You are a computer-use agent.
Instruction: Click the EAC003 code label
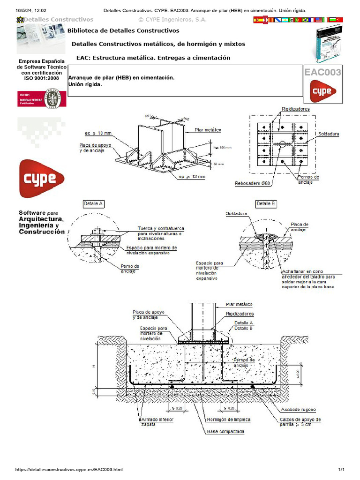(x=323, y=72)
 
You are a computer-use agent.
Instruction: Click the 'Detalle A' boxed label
(x=93, y=204)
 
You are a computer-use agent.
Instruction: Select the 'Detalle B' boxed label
(x=266, y=204)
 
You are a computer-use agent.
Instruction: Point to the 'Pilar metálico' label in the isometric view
(x=208, y=129)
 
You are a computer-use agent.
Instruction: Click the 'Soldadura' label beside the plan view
(x=329, y=134)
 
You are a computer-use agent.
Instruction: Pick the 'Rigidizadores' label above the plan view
(x=295, y=109)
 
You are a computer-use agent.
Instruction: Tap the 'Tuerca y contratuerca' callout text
(x=160, y=228)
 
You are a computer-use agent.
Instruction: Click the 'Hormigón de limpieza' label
(x=229, y=420)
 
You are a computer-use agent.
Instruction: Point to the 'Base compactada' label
(x=225, y=431)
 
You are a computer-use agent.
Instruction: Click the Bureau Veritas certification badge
(x=42, y=97)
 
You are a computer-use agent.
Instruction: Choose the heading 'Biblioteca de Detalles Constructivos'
(x=123, y=31)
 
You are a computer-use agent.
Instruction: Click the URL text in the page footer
(x=69, y=469)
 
